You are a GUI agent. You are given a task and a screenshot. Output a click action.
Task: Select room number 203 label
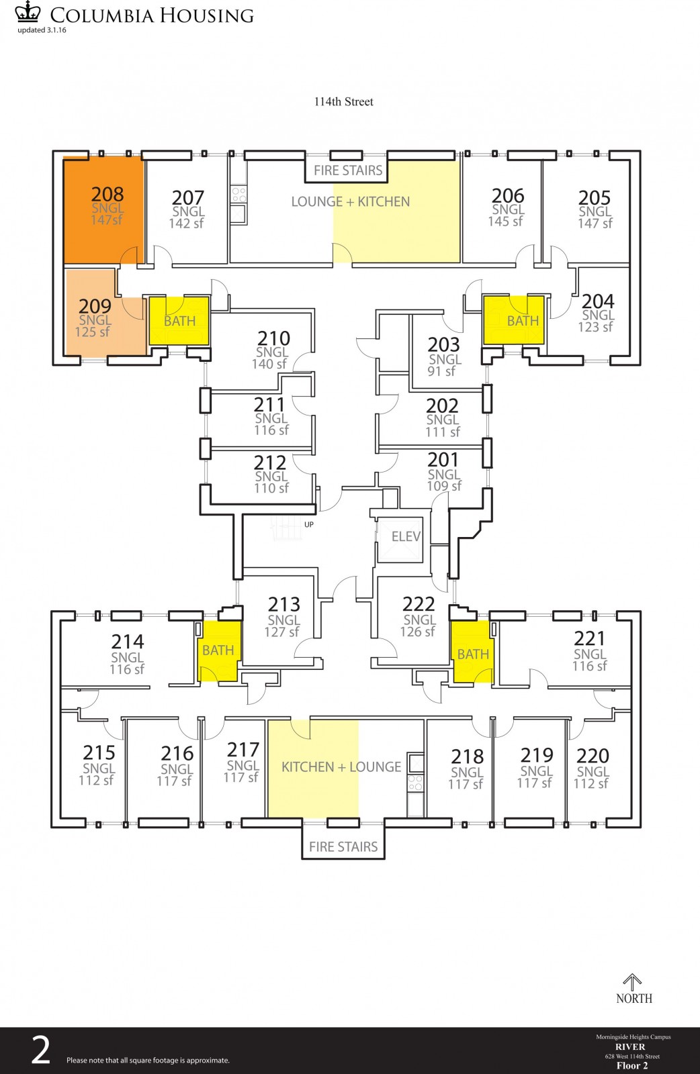coord(443,345)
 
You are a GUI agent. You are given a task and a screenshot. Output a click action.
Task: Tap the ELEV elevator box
coord(405,537)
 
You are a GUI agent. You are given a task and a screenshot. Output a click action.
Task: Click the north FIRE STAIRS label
coord(348,170)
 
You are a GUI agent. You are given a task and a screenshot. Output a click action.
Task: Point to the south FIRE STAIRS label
coord(343,847)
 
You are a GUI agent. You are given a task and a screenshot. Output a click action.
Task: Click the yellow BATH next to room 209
coord(179,321)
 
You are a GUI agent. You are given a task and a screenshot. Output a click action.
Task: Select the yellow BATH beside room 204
coord(522,321)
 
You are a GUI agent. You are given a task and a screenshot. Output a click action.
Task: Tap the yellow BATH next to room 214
coord(218,650)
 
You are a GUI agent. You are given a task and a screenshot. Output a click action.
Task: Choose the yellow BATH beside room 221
coord(473,654)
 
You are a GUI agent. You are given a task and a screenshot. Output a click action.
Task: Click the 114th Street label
coord(343,102)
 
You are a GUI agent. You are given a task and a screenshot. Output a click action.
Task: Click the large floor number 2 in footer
coord(41,1051)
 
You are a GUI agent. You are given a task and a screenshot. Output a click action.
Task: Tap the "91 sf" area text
coord(441,371)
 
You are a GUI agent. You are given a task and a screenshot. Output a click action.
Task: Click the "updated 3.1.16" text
coord(42,30)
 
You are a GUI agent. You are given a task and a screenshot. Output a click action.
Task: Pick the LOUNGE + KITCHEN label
coord(350,201)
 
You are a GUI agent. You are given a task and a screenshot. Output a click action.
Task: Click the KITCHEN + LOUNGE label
coord(341,767)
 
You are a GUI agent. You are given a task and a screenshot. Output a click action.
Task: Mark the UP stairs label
coord(308,524)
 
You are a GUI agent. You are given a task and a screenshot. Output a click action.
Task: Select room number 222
coord(419,604)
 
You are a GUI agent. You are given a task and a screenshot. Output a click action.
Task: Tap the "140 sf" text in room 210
coord(269,364)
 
